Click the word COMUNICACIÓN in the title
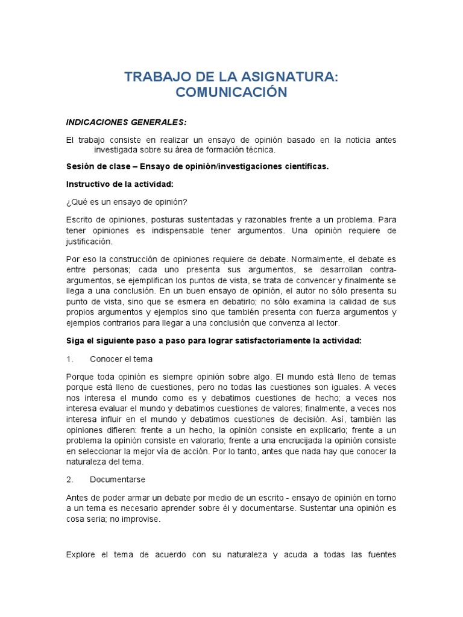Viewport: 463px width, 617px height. tap(231, 92)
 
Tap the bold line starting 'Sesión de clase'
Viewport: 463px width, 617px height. tap(197, 166)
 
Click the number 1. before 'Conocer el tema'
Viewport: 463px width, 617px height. tap(69, 359)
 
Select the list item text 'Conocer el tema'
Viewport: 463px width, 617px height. tap(121, 359)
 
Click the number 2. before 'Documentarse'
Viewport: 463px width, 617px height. tap(69, 480)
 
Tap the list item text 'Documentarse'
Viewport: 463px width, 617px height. tap(118, 480)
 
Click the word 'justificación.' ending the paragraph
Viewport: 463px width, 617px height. tap(90, 241)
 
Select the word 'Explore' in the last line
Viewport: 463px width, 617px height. tap(81, 554)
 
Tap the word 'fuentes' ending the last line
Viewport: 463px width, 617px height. tap(381, 554)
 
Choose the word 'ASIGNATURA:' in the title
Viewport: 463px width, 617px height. tap(287, 77)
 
